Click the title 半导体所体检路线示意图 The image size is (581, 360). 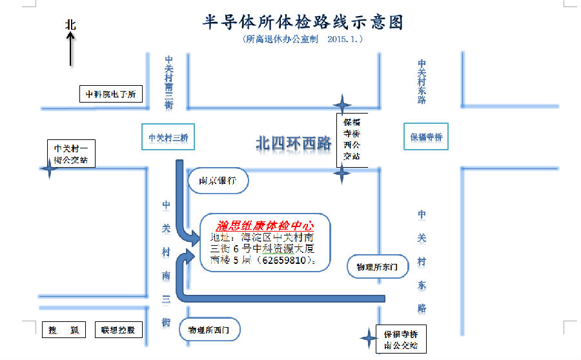(x=303, y=22)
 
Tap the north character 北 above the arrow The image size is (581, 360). (x=70, y=25)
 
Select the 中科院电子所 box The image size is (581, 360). (x=110, y=94)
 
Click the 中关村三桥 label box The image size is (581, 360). (x=167, y=137)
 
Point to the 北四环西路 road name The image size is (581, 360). (x=293, y=143)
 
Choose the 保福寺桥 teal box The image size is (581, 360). (x=426, y=137)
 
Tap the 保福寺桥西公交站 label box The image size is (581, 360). (x=352, y=139)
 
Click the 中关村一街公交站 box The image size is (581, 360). (x=71, y=154)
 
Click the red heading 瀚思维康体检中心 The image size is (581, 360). (x=265, y=226)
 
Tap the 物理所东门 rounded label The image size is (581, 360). (x=378, y=266)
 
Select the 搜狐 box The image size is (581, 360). (x=63, y=330)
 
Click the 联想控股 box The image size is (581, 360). (x=118, y=330)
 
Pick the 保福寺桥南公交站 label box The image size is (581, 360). (x=401, y=340)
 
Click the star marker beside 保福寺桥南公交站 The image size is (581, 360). (x=367, y=337)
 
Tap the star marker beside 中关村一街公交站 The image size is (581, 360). (x=48, y=169)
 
